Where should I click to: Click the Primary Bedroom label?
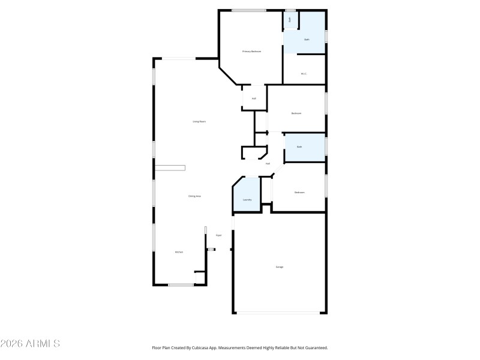tap(251, 52)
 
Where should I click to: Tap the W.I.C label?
tap(304, 74)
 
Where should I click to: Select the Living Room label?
tap(199, 122)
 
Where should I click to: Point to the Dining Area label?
tap(194, 196)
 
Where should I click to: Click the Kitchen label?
tap(179, 252)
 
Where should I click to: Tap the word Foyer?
tap(219, 235)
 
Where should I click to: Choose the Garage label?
tap(280, 266)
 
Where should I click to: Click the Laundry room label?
tap(247, 200)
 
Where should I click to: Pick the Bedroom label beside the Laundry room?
tap(299, 193)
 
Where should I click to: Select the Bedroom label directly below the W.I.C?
tap(296, 113)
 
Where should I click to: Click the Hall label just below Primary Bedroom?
tap(254, 98)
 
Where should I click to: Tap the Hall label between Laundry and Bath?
tap(268, 163)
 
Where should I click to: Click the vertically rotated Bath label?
tap(290, 20)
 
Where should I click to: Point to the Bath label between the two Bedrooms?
tap(299, 147)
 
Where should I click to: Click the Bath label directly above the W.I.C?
tap(307, 40)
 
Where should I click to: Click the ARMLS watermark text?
tap(31, 344)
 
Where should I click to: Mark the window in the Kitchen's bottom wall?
tap(181, 285)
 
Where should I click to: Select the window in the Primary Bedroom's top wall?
tap(249, 10)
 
